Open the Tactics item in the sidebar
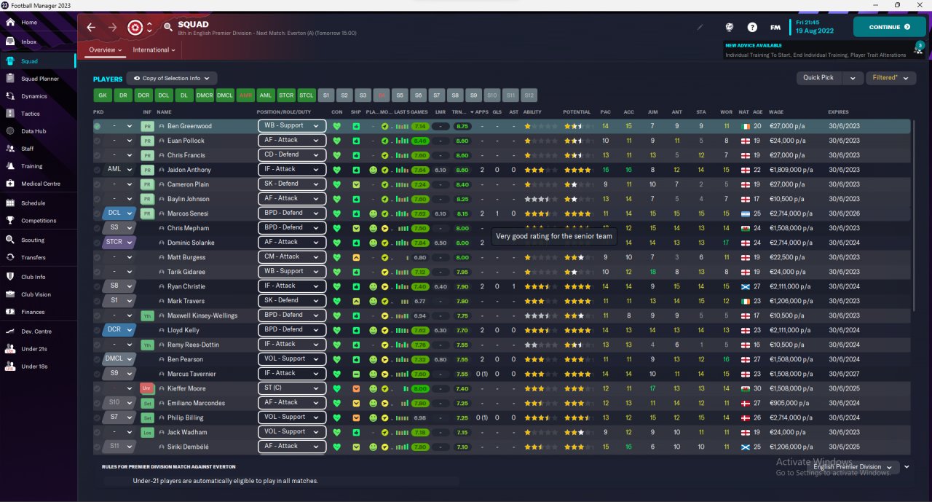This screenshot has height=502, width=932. pos(31,114)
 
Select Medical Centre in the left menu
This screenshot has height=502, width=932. pos(41,184)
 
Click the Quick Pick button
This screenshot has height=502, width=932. pos(818,78)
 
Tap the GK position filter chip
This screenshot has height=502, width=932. pos(102,95)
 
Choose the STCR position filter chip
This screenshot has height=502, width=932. pos(286,95)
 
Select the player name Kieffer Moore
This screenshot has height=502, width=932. pos(186,388)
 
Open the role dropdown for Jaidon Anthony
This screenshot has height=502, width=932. pos(291,170)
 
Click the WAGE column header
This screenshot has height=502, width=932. pos(775,112)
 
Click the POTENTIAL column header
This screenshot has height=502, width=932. pos(576,112)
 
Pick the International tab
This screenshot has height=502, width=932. pos(154,50)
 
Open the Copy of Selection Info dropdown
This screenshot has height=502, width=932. pos(172,79)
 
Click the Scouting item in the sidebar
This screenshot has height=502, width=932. pos(33,240)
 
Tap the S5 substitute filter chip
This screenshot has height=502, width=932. pos(399,95)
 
